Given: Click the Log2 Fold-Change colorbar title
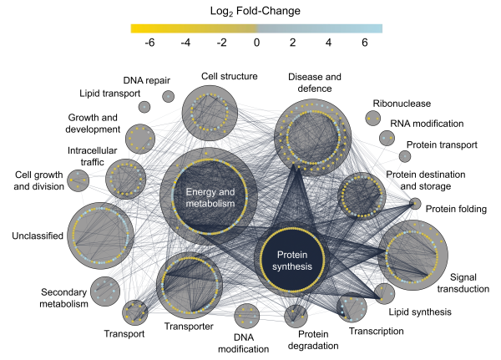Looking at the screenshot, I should tap(256, 10).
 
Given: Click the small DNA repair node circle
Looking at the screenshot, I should tap(169, 96).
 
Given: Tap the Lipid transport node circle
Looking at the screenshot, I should tap(144, 107).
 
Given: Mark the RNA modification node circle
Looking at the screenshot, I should tap(387, 138).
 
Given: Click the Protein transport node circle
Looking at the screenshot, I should tap(404, 156).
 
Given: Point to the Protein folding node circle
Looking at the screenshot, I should tap(415, 203).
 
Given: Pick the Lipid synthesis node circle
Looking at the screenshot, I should tap(384, 292).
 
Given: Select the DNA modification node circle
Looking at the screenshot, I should tap(247, 316).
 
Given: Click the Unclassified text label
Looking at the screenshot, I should tap(38, 236).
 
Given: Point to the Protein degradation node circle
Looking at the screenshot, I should tap(296, 316).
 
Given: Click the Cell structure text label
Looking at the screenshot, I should tap(229, 76).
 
